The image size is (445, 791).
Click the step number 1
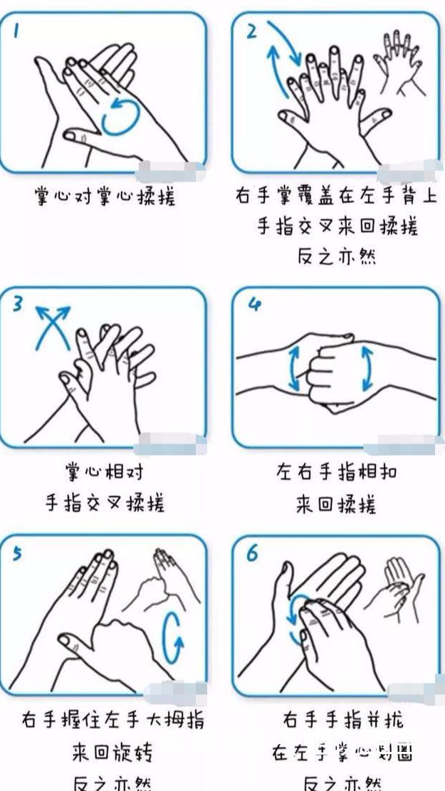[16, 31]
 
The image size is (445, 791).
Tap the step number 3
[19, 304]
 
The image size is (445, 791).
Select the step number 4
[254, 305]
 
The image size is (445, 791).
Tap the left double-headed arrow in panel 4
[293, 368]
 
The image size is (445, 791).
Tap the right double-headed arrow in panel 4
[367, 368]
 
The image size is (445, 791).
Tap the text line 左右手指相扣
[337, 471]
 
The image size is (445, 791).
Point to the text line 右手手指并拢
[344, 720]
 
